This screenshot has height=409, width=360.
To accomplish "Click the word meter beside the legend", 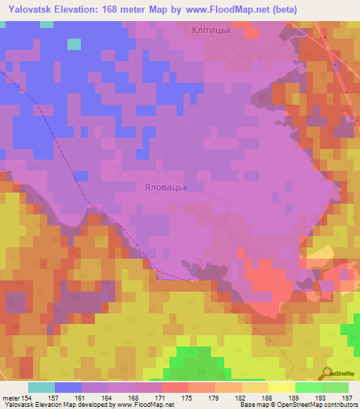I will tap(11, 397).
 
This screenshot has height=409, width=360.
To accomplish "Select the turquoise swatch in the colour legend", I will tap(41, 387).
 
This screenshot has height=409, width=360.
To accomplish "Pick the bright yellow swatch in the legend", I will tap(282, 387).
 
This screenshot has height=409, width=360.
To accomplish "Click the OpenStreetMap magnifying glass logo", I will tap(326, 373).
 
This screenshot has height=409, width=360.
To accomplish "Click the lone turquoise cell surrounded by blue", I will tap(74, 44).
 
